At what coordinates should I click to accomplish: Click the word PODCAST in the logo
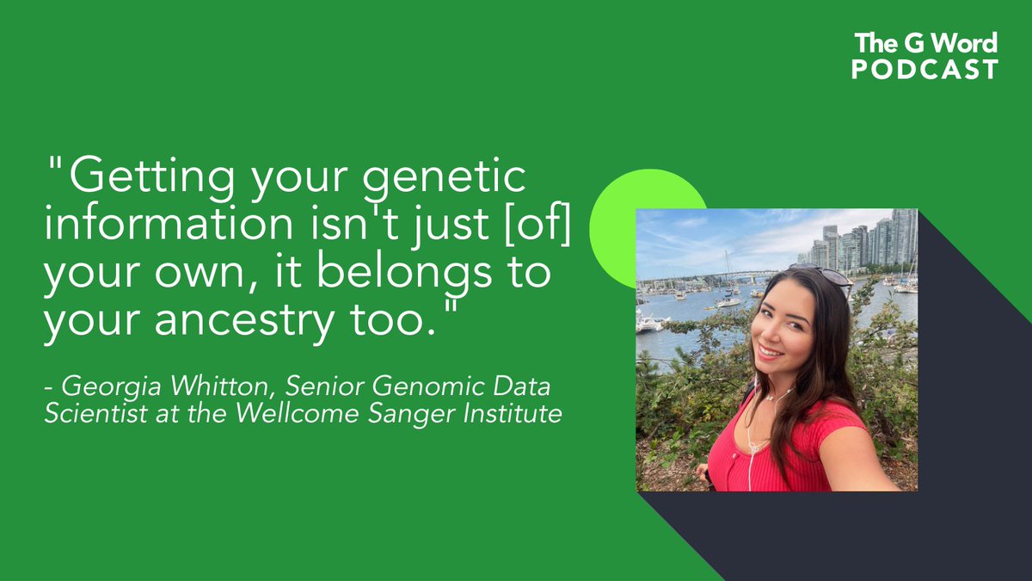pos(925,70)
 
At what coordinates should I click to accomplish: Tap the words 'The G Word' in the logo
pos(926,42)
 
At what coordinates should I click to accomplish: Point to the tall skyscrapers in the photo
pos(894,237)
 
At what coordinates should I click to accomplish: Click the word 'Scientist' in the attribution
pos(81,414)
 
